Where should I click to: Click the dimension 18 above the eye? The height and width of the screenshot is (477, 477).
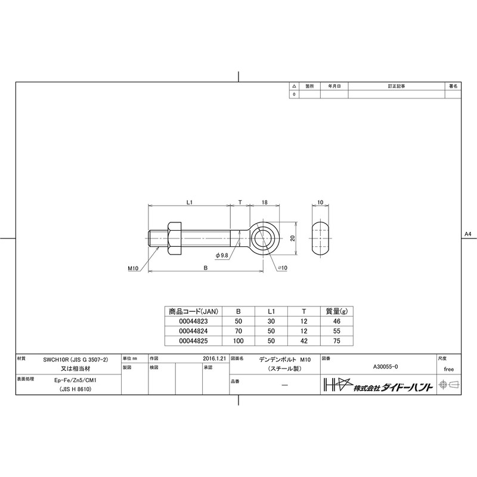click(263, 203)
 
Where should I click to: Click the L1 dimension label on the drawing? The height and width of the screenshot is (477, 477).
click(188, 203)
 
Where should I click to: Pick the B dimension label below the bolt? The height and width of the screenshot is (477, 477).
click(205, 268)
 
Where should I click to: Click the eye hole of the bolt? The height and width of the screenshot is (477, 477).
click(263, 238)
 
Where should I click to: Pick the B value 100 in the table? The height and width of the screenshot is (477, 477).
click(238, 340)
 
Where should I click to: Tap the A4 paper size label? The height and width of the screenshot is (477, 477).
click(467, 235)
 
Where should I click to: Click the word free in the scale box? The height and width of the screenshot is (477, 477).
click(449, 369)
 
